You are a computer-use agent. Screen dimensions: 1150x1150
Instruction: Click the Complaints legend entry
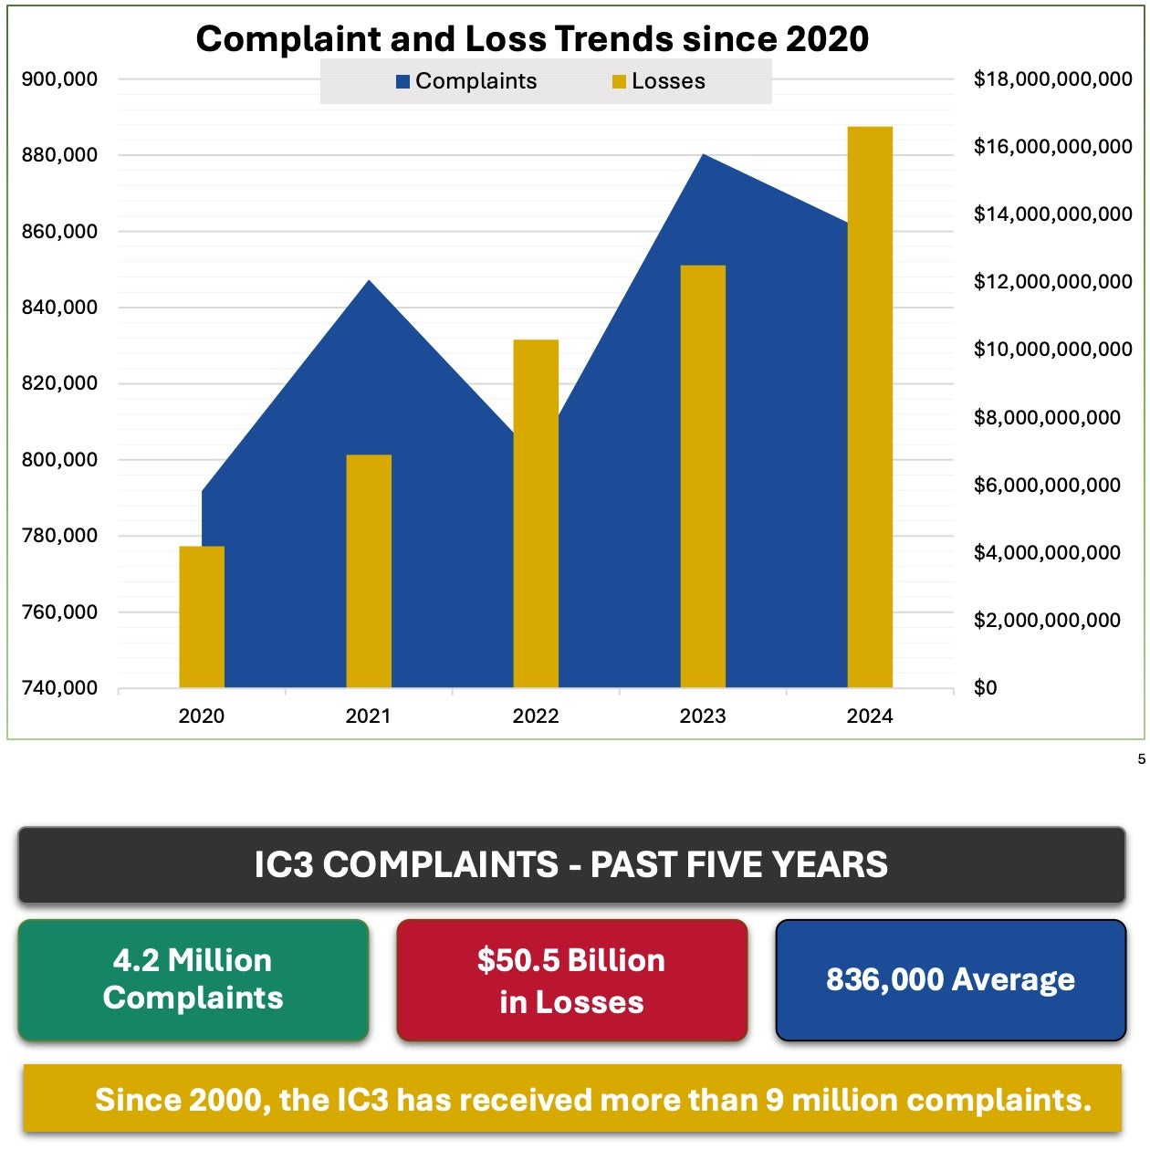click(466, 81)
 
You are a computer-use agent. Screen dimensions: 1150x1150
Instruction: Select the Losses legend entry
click(659, 81)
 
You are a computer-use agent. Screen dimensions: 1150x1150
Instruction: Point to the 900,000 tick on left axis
click(59, 79)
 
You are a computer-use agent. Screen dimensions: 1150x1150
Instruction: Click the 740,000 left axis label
click(59, 688)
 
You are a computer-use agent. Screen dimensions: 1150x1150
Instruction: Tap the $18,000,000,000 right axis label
click(1052, 79)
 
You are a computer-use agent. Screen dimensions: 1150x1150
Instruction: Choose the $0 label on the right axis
click(986, 688)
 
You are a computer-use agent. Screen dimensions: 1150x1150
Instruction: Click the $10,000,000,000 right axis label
click(1052, 350)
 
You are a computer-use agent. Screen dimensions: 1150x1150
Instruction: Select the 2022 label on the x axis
click(536, 716)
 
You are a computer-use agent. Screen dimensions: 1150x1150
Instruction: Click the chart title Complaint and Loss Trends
click(532, 39)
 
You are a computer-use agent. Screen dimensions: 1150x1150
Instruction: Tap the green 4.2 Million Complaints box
click(193, 979)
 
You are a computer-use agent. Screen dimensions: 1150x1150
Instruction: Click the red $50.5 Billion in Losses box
click(571, 980)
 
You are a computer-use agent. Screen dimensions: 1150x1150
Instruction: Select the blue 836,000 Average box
click(950, 980)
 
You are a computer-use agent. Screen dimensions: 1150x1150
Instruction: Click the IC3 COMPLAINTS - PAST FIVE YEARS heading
click(571, 864)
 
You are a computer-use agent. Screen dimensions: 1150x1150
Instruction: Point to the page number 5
click(1141, 759)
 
